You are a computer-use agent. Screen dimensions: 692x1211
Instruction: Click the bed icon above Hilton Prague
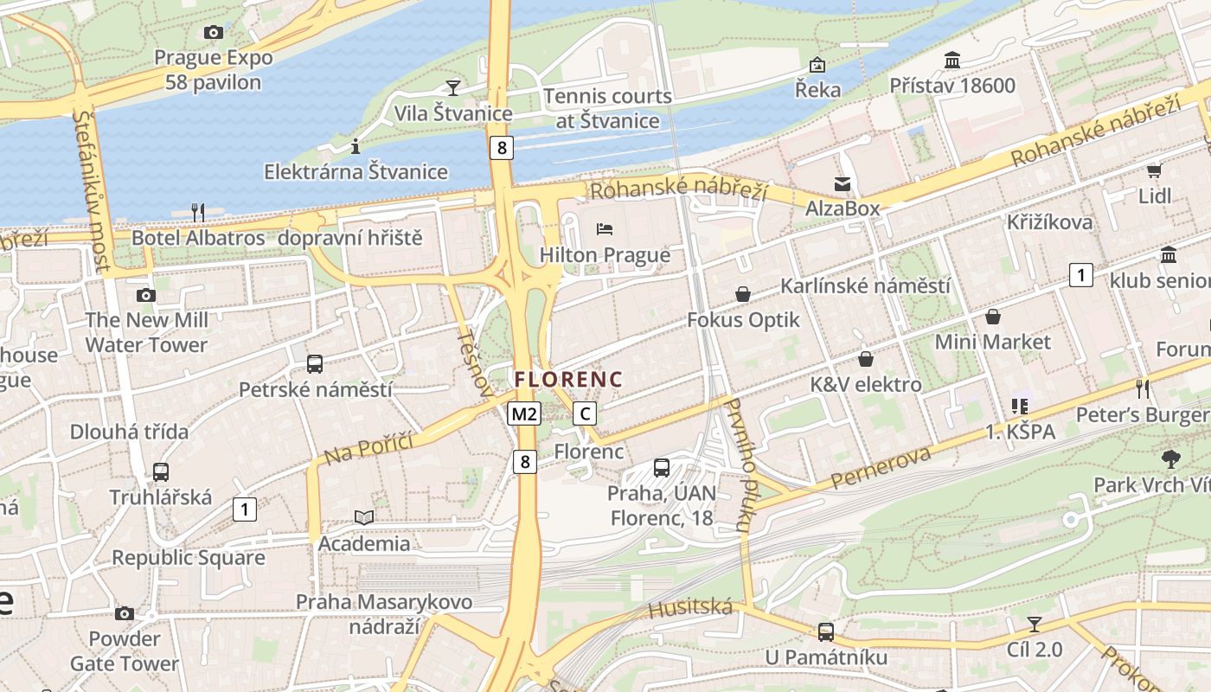605,229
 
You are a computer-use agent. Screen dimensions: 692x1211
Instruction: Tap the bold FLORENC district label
568,379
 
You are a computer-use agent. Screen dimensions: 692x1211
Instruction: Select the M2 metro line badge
523,413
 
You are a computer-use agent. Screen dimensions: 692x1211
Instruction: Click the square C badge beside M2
586,413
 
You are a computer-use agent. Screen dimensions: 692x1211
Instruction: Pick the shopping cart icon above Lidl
1154,170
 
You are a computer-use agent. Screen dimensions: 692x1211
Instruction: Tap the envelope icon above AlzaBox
842,183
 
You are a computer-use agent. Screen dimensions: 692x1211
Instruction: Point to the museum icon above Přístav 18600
952,61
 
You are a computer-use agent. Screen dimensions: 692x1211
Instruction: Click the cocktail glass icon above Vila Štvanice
452,87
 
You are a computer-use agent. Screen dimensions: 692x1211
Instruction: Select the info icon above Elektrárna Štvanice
355,146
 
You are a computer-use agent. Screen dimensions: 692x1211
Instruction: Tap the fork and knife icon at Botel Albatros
197,212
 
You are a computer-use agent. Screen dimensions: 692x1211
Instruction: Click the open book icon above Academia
364,517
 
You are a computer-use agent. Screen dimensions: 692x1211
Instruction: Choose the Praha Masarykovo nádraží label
384,613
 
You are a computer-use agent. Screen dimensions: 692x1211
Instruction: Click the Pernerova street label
881,468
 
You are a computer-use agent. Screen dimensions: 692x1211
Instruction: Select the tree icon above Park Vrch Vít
1171,458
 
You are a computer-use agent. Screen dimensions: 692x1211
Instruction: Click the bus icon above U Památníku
826,631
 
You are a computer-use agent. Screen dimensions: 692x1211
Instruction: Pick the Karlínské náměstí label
865,285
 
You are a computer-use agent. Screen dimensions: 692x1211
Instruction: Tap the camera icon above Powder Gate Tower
125,613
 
